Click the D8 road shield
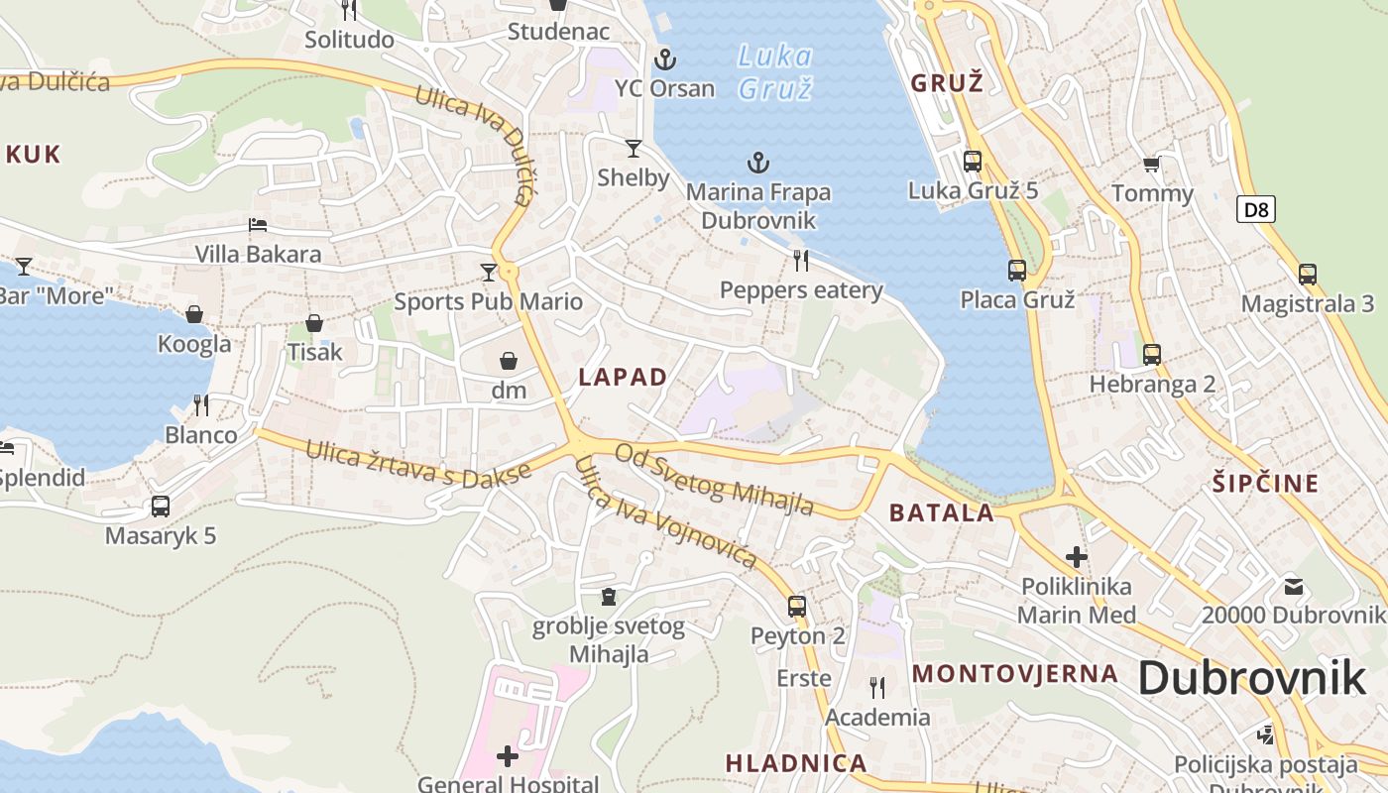coord(1256,209)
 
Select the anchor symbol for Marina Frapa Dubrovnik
coord(758,163)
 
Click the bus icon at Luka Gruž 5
coord(973,161)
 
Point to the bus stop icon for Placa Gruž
coord(1017,270)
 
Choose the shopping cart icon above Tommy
coord(1151,164)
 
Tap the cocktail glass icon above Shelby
coord(634,149)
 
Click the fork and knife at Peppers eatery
coord(801,261)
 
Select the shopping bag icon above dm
coord(509,361)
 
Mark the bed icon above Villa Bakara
coord(258,225)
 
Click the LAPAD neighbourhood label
coord(623,377)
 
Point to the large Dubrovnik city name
coord(1251,678)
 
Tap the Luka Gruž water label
coord(775,71)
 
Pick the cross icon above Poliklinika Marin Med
coord(1077,557)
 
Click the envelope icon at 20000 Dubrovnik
coord(1293,586)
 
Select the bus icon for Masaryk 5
coord(161,507)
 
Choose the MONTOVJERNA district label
coord(1015,674)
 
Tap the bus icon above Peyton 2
coord(797,607)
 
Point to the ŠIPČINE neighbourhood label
coord(1266,484)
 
